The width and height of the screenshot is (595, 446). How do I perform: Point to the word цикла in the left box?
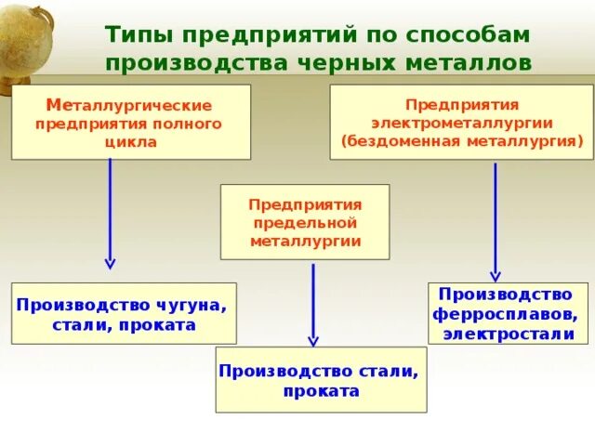(130, 142)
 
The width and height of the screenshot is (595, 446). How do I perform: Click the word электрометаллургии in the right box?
(462, 123)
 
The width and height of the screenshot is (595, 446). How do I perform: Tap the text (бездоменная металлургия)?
(462, 141)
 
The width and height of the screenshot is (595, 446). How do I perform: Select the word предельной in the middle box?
(305, 222)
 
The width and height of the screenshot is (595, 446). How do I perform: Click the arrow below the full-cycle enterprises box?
(111, 214)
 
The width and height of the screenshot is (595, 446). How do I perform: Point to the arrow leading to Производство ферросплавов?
(496, 222)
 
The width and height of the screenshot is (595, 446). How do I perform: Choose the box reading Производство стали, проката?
(321, 380)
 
